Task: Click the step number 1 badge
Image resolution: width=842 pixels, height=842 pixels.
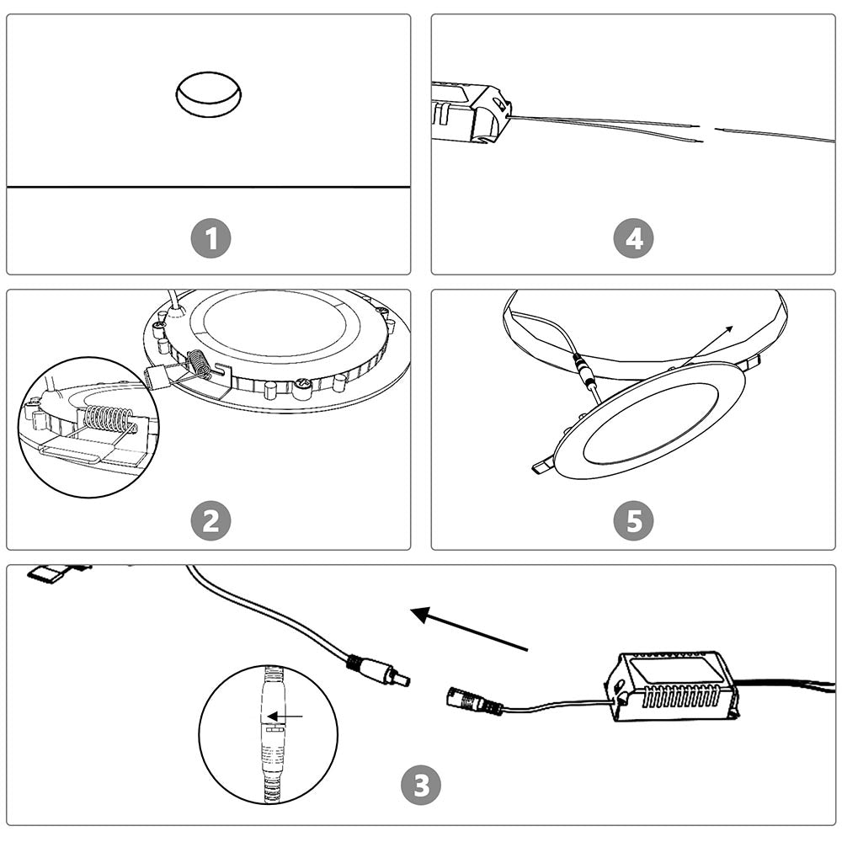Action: (210, 239)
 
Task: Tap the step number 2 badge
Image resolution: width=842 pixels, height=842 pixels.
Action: (210, 521)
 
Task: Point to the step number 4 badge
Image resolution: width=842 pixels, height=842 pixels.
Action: (633, 239)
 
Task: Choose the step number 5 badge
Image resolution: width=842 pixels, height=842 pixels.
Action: (633, 521)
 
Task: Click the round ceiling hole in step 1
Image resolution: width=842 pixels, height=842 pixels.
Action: (208, 93)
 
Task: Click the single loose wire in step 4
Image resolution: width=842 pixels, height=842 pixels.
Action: (775, 135)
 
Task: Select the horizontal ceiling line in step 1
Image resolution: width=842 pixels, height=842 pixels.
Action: (208, 186)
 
